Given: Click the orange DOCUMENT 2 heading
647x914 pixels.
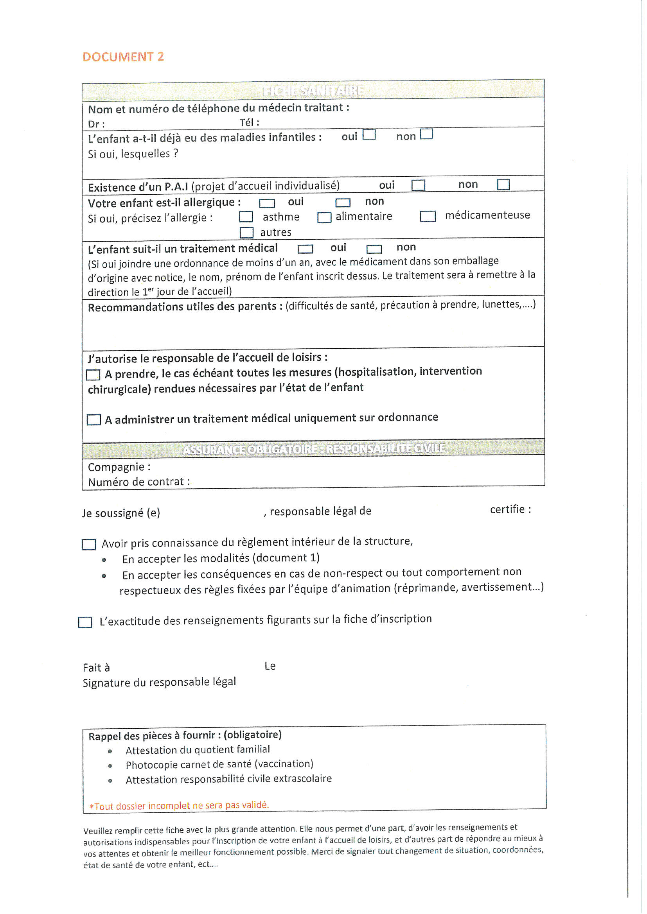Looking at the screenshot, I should (x=123, y=57).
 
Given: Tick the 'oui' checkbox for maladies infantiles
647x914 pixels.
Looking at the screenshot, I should (x=369, y=134).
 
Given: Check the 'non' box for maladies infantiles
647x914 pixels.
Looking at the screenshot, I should (x=426, y=134).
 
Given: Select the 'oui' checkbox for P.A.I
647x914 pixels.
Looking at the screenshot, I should (x=418, y=185).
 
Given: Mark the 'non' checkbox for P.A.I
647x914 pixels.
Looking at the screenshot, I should (x=503, y=184).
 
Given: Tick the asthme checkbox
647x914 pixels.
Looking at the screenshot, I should (x=246, y=217).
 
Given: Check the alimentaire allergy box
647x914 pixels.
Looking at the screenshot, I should (x=324, y=217).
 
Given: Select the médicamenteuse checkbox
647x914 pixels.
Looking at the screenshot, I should (x=428, y=216).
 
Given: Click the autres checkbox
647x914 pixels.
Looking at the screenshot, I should (x=246, y=233).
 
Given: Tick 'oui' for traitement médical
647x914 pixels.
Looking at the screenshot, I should (x=305, y=249).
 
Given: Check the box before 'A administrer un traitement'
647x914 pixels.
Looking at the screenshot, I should (x=93, y=419).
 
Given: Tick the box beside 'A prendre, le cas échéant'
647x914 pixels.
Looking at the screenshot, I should (x=93, y=375).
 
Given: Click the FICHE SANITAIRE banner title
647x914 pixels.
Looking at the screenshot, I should (x=313, y=91).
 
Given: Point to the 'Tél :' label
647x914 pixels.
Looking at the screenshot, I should (x=250, y=123).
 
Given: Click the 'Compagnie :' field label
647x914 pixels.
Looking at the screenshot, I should (x=119, y=467).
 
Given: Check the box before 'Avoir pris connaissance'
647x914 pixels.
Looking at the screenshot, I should (x=88, y=544).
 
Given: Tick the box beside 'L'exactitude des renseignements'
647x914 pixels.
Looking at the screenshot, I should (x=85, y=622).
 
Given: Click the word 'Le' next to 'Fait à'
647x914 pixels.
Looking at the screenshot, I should (x=270, y=666).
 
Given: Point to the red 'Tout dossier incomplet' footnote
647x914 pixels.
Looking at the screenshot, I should (x=179, y=806).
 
